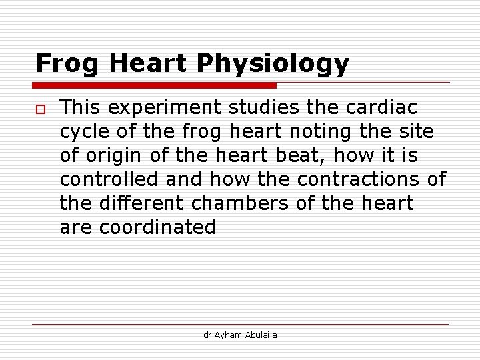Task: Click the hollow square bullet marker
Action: [40, 109]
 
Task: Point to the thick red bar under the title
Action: [154, 85]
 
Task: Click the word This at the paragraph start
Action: [81, 107]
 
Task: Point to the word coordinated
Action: [158, 227]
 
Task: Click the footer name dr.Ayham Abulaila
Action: [240, 335]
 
